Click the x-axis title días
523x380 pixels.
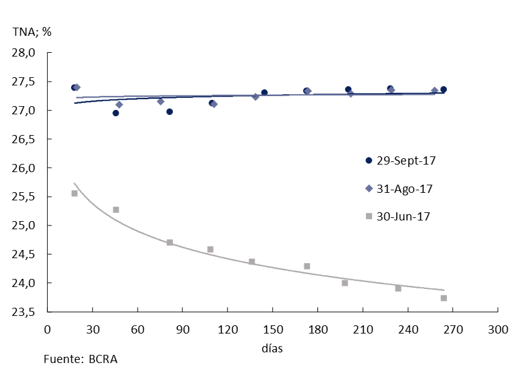[272, 347]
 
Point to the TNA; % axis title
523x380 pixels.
[31, 31]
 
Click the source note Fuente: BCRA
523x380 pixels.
[80, 360]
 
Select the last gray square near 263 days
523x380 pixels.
[444, 298]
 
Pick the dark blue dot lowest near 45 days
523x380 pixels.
[116, 113]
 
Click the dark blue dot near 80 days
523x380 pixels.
[169, 112]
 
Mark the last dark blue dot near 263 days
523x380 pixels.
[443, 89]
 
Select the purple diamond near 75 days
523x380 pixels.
[160, 101]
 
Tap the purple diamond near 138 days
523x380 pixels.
[255, 97]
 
